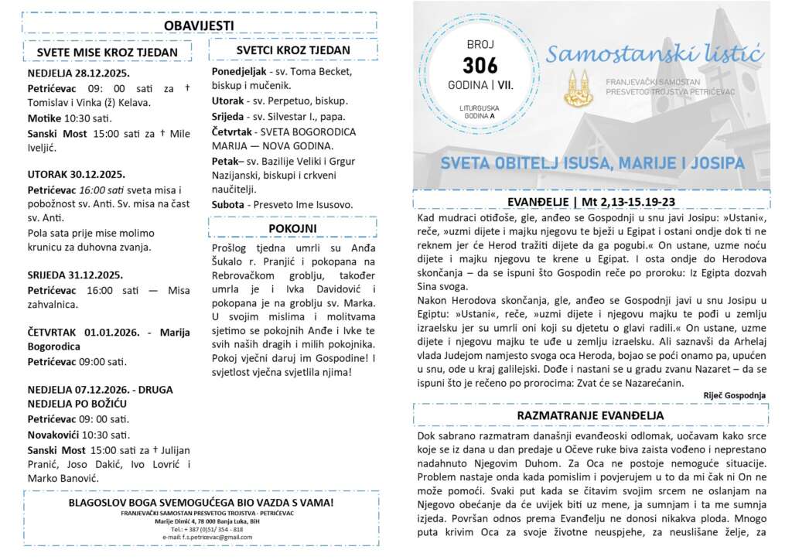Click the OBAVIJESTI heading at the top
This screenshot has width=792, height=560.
199,26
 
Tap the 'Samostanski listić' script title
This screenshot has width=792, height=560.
654,56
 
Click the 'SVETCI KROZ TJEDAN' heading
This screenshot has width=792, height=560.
292,50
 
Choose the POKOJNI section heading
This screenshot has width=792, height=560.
292,228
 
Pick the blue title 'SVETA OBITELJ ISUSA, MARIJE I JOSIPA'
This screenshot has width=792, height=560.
592,164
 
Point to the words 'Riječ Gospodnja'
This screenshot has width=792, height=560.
734,395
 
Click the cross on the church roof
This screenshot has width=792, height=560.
719,78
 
